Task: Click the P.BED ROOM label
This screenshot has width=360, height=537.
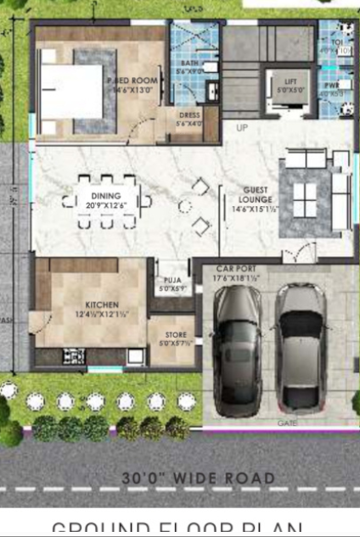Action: tap(133, 81)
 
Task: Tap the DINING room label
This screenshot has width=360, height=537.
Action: tap(106, 195)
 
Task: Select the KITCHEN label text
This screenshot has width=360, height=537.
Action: tap(103, 304)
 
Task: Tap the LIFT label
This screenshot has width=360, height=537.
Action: tap(290, 81)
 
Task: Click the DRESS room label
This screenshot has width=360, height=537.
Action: tap(189, 115)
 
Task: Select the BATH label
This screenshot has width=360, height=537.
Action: tap(189, 63)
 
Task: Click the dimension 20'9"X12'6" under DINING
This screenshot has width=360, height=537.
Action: tap(106, 204)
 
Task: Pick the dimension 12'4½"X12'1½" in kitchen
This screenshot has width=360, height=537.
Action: tap(103, 313)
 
